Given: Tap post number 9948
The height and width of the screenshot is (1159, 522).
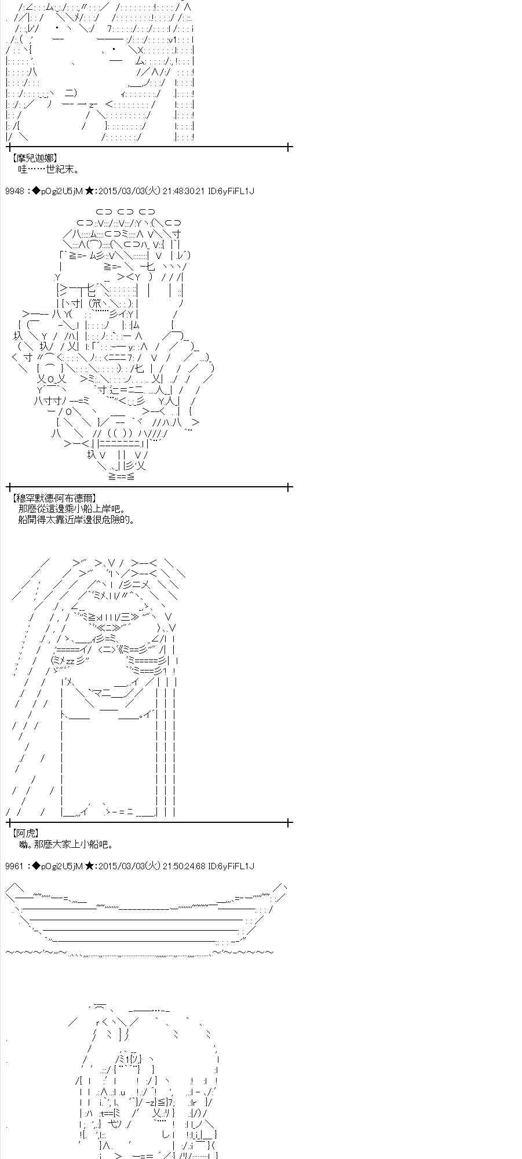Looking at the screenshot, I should [14, 191].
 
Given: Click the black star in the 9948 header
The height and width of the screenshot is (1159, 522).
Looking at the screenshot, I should [90, 191].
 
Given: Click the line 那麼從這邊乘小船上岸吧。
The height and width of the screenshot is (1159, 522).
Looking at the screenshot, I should [71, 509].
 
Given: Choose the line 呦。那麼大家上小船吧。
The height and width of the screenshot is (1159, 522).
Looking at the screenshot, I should [66, 845].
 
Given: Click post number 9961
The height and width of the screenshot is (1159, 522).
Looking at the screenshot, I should [14, 866].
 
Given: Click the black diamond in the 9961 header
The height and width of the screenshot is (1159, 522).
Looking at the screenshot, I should [36, 866].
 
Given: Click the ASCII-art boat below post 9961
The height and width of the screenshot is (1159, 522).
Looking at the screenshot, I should [145, 916].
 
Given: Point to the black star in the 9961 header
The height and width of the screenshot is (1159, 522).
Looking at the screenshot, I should [90, 866].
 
